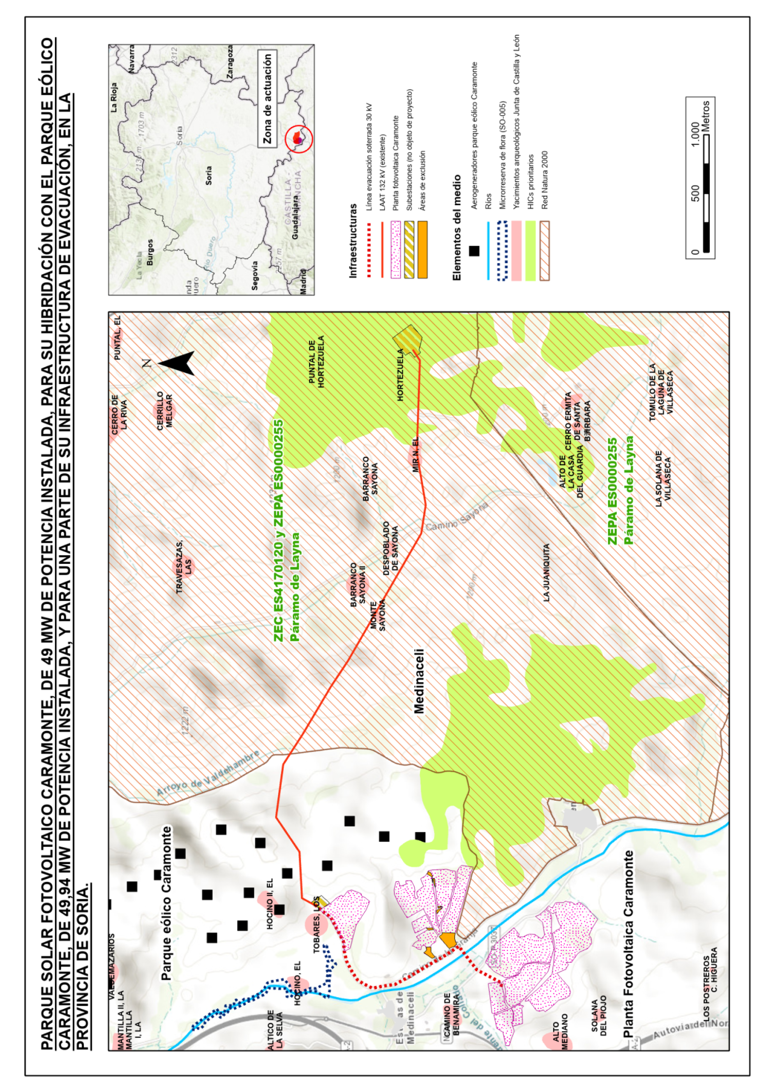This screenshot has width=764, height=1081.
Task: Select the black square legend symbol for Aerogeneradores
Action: pyautogui.click(x=474, y=251)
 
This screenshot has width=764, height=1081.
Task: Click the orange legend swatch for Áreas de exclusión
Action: pyautogui.click(x=422, y=250)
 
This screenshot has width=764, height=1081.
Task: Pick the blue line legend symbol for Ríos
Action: pyautogui.click(x=488, y=250)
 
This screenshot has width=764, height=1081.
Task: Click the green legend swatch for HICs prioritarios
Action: pyautogui.click(x=530, y=250)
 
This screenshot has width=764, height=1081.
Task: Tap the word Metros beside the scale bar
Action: pyautogui.click(x=706, y=116)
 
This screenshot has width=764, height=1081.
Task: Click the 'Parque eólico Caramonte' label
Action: pyautogui.click(x=167, y=903)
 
